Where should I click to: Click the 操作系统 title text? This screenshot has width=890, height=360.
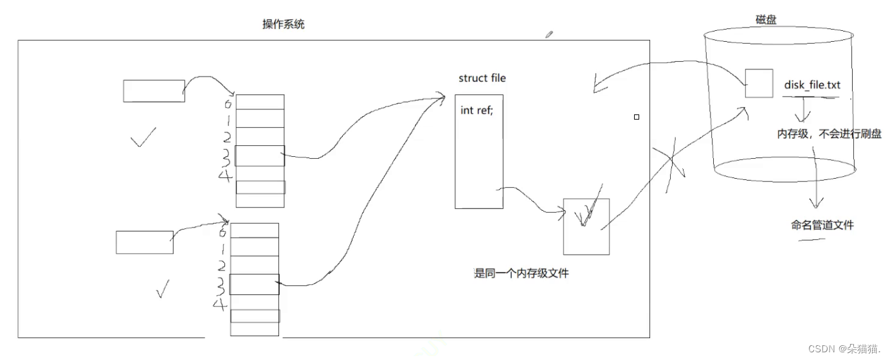pos(284,24)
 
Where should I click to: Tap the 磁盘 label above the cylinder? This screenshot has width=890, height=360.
pos(765,20)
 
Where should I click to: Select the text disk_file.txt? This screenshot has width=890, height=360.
pos(812,85)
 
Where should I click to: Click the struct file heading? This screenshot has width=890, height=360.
pos(482,78)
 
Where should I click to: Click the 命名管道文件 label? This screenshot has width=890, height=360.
pos(822,225)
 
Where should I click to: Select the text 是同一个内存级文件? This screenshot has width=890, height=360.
pos(521,273)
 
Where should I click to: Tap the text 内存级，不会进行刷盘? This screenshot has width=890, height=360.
pos(829,134)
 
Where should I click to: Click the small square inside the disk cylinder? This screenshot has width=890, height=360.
pos(759,84)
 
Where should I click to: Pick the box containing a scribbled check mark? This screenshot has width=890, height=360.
pos(586,226)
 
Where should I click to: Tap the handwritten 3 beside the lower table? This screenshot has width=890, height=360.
pos(221,283)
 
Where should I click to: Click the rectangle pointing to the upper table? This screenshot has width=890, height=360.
pos(154,91)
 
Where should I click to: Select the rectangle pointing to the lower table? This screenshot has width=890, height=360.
pos(145,242)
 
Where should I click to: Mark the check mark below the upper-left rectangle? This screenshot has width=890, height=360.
pos(142,137)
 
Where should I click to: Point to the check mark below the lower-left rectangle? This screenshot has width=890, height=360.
pos(163,289)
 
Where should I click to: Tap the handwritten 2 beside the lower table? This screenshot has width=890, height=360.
pos(221,265)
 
